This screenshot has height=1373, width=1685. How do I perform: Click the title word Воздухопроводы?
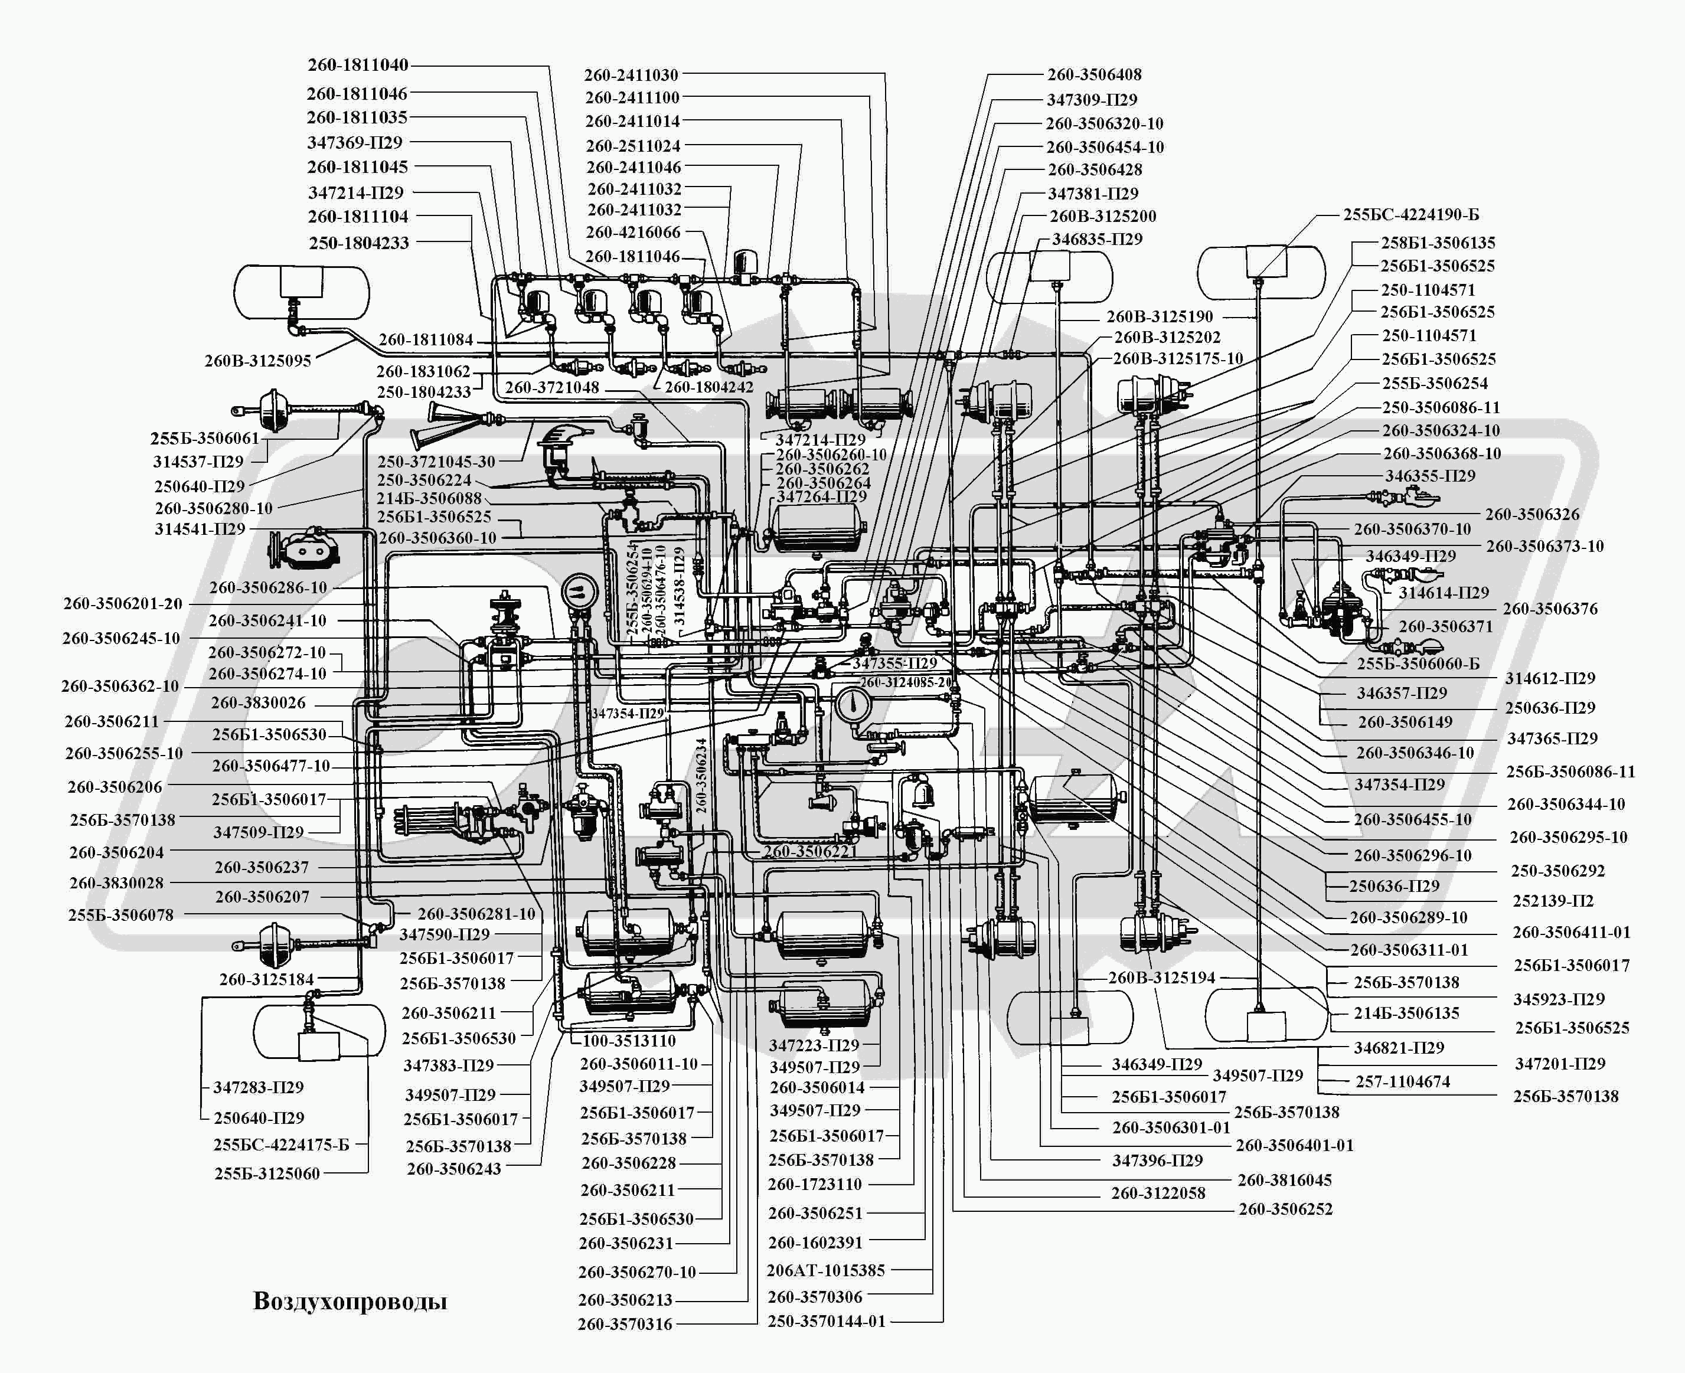(x=350, y=1301)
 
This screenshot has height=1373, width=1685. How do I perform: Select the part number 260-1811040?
(x=358, y=65)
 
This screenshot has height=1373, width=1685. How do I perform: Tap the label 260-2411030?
(x=631, y=75)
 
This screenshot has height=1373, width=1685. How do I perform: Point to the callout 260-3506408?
(x=1094, y=74)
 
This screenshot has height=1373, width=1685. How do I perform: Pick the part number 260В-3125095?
(x=258, y=361)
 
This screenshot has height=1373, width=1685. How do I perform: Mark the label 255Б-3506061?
(x=204, y=438)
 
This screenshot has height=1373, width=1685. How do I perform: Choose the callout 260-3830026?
(x=258, y=702)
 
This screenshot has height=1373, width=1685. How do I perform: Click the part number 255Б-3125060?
(x=267, y=1173)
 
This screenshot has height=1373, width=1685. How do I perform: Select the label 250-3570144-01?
(x=827, y=1321)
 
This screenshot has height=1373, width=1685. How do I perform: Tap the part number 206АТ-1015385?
(x=826, y=1270)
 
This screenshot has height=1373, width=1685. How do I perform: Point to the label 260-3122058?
(x=1157, y=1194)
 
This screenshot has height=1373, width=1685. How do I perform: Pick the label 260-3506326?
(x=1531, y=514)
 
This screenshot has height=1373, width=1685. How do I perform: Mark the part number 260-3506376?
(x=1550, y=609)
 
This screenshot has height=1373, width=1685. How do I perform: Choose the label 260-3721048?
(x=551, y=388)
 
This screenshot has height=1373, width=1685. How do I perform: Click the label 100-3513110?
(x=629, y=1041)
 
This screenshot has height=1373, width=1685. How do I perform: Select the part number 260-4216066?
(x=633, y=233)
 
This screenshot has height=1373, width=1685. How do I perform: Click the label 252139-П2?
(x=1553, y=901)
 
